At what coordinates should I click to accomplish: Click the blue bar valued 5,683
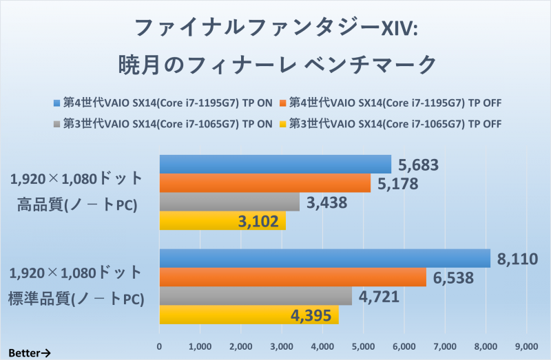click(275, 165)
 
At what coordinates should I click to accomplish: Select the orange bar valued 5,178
click(265, 183)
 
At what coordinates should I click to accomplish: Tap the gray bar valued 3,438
click(229, 202)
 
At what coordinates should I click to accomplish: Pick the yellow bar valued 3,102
click(222, 221)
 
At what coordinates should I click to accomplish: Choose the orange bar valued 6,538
click(293, 277)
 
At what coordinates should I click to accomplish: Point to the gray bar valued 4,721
click(256, 296)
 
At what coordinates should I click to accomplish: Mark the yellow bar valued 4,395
click(249, 315)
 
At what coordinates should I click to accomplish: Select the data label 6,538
click(455, 277)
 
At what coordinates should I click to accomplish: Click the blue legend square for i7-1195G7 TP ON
click(57, 104)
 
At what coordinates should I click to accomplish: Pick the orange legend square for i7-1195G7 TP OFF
click(283, 104)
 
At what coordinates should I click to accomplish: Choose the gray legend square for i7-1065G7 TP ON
click(57, 124)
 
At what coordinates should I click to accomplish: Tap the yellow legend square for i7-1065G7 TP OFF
click(283, 124)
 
